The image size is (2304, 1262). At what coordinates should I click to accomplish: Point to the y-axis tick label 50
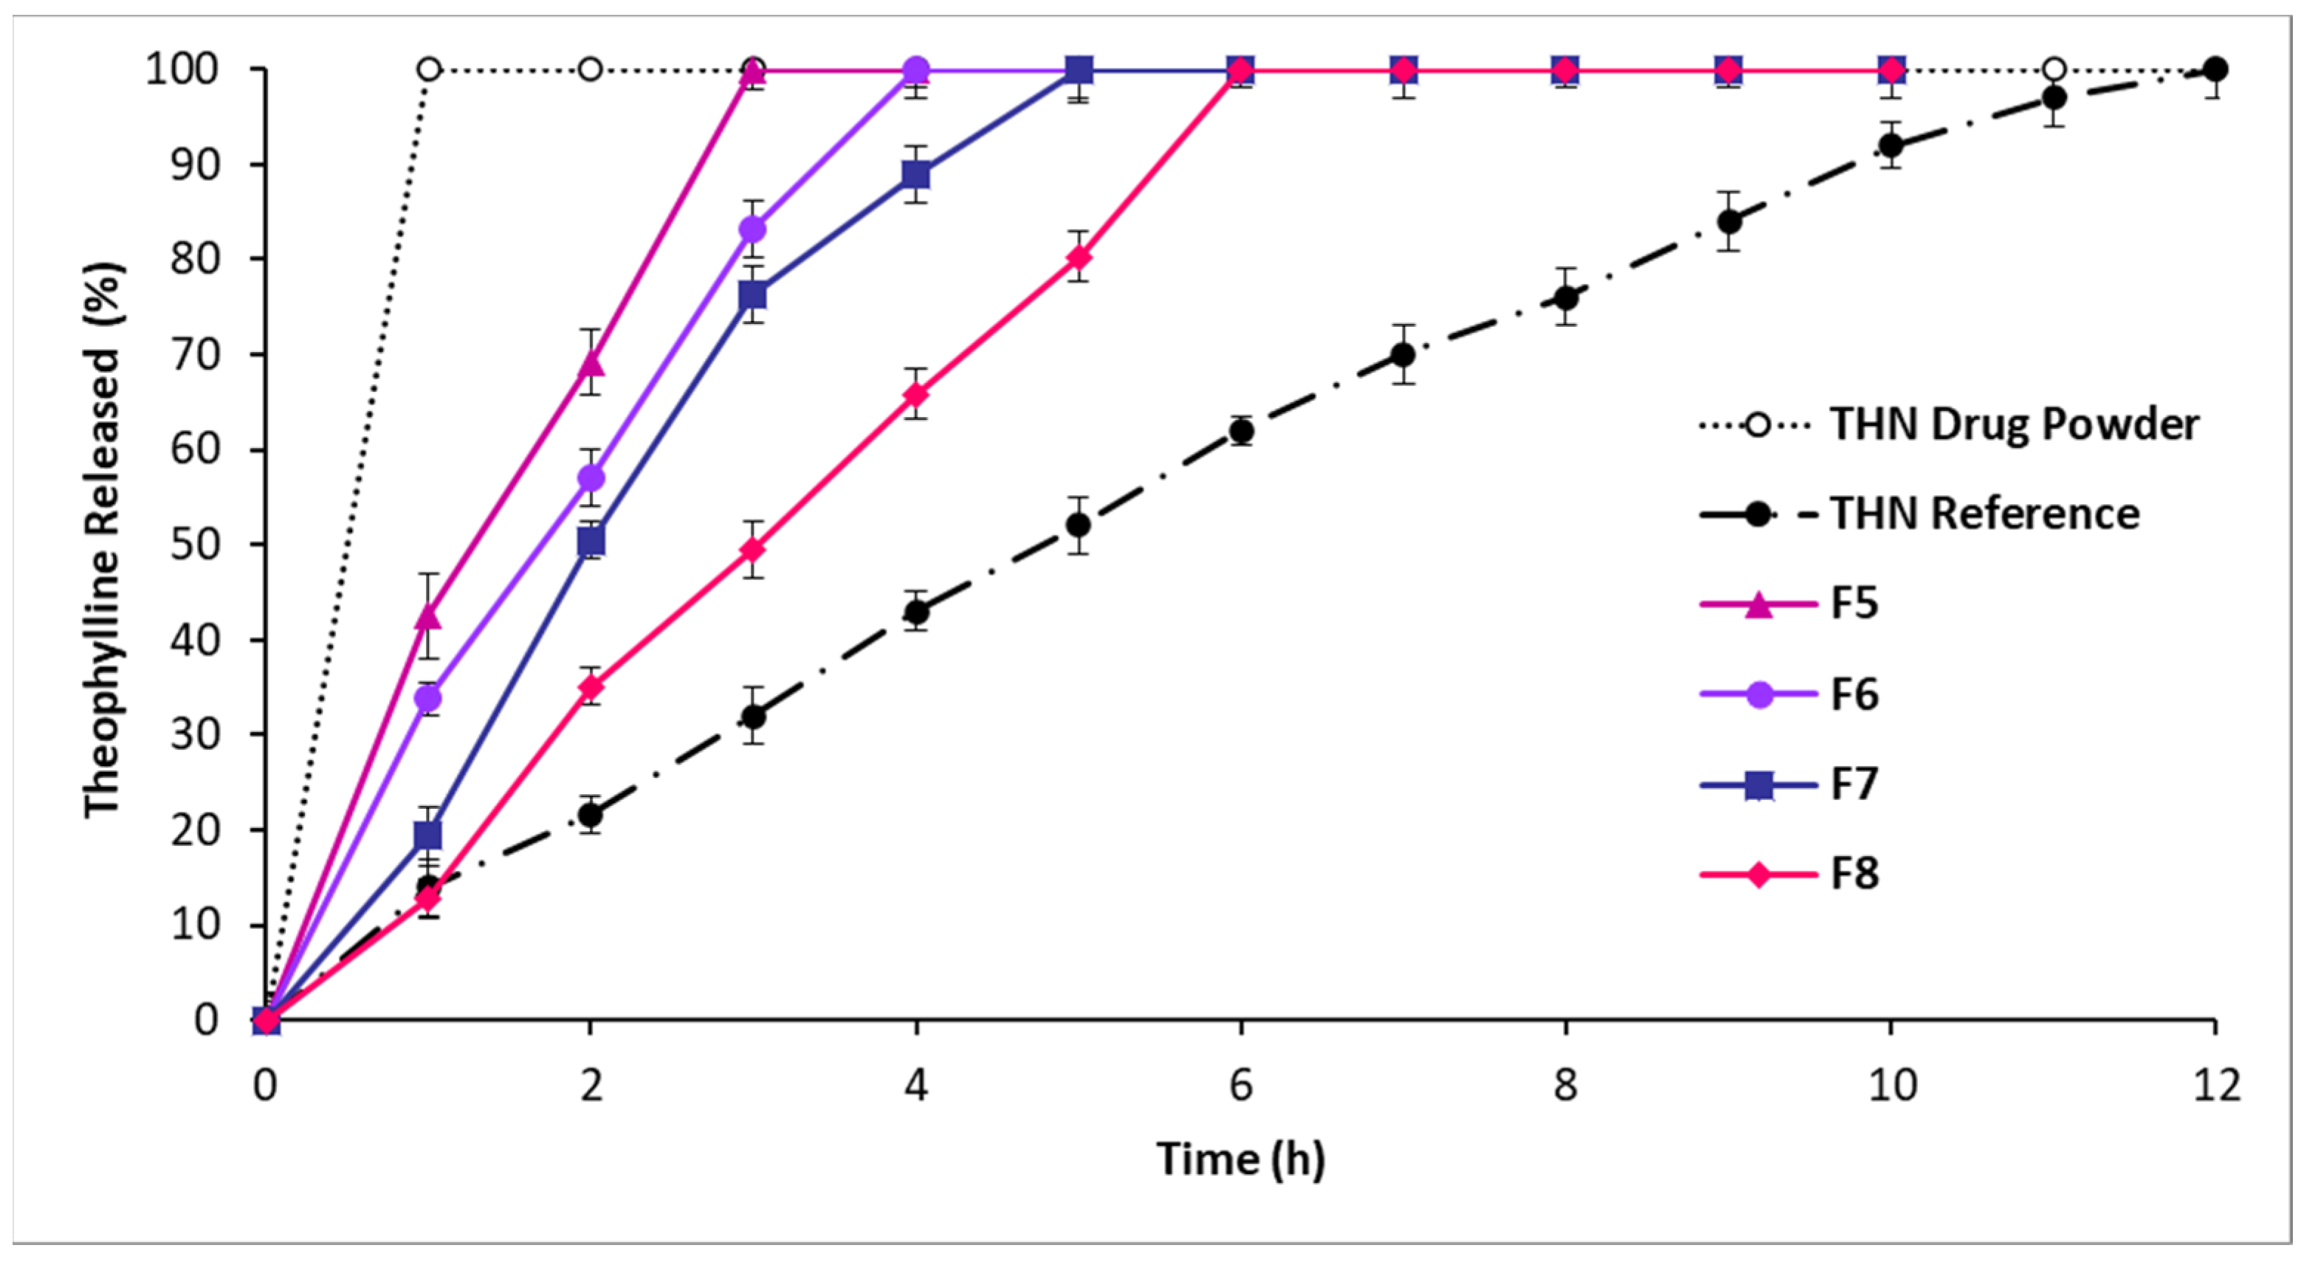194,545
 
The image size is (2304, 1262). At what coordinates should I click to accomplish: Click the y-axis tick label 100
182,70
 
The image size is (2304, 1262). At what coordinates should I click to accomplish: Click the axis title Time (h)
1239,1159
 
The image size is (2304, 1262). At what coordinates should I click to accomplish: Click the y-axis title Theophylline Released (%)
103,539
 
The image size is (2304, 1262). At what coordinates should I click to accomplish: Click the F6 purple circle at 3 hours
753,230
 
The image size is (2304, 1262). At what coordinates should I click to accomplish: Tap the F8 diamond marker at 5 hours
1079,258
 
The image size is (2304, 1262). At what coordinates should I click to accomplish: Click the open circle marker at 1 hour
428,70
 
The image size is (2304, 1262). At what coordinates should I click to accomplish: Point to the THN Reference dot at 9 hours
1729,221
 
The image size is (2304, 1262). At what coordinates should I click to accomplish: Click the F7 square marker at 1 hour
428,835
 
